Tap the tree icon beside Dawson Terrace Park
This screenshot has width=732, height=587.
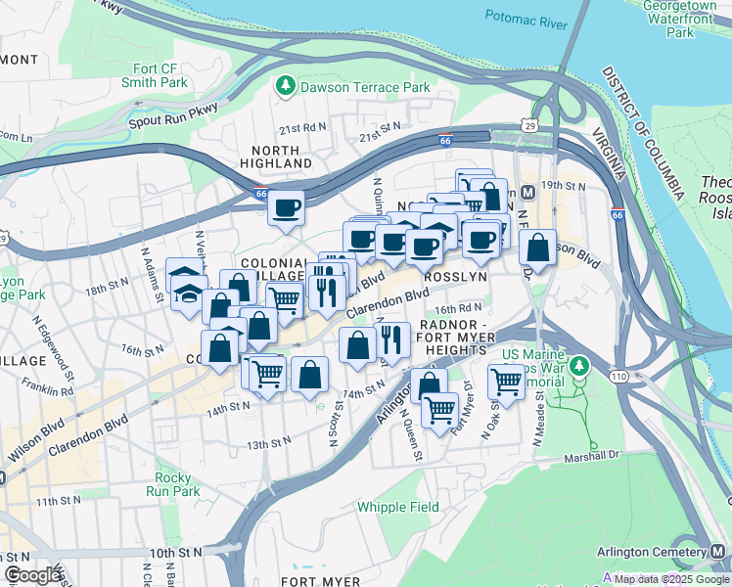click(x=286, y=87)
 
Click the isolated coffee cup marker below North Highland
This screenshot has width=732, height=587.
click(x=287, y=208)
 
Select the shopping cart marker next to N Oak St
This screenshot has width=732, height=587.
click(x=506, y=380)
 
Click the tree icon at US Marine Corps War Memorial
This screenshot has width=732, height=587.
click(x=579, y=367)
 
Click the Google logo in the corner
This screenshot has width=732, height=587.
click(x=32, y=575)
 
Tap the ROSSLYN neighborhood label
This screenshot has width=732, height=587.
click(x=447, y=277)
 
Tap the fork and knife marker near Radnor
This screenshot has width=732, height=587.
click(x=391, y=340)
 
